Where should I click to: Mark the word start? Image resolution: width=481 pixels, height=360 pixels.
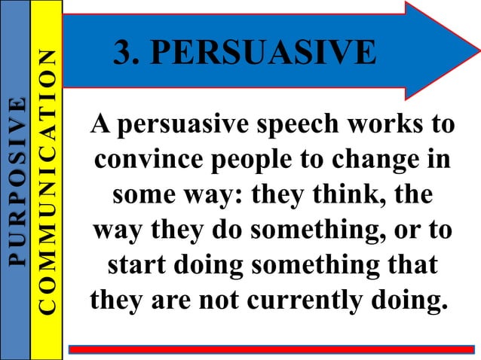point(135,267)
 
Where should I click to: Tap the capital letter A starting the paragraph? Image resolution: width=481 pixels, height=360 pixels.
point(99,124)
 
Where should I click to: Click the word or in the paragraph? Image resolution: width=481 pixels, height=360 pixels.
point(410,231)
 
